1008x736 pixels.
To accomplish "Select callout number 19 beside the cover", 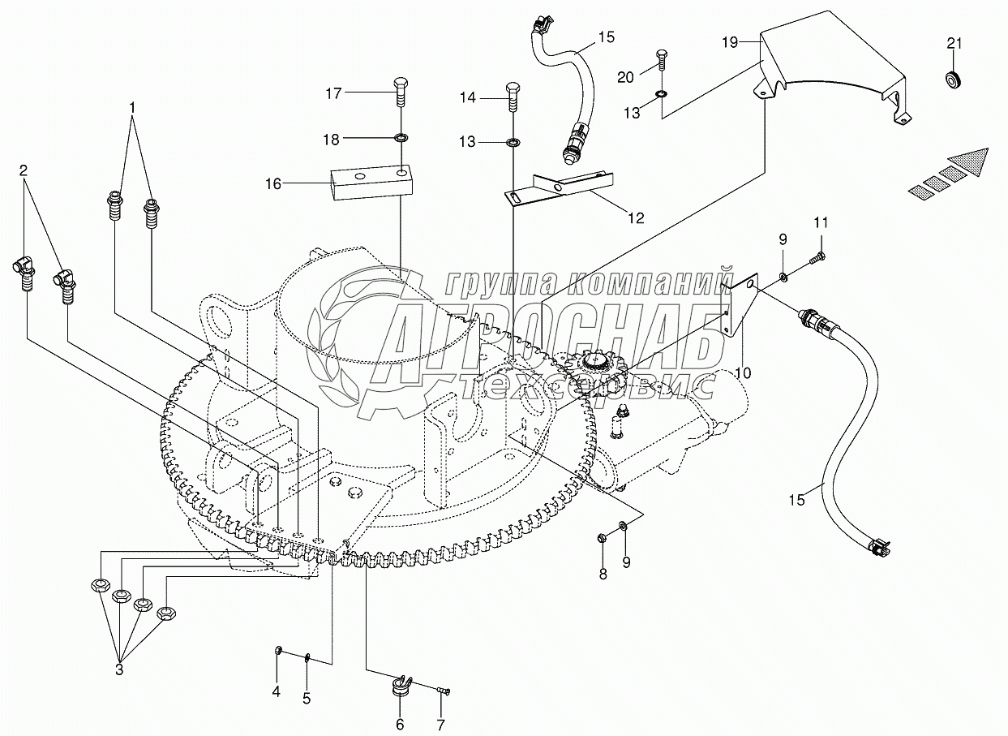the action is click(730, 42).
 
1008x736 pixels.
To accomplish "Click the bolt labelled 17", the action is click(400, 92).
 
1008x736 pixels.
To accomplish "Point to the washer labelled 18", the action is click(400, 137).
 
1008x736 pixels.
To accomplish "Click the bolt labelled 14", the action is click(513, 97).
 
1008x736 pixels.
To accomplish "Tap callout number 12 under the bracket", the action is click(637, 218).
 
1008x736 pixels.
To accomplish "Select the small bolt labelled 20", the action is click(662, 59).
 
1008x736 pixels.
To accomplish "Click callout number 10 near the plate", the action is click(744, 372).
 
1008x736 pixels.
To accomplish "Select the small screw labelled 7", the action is click(443, 703).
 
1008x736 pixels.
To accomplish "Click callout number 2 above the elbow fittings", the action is click(23, 170).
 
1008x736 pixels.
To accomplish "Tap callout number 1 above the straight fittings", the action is click(132, 107).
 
